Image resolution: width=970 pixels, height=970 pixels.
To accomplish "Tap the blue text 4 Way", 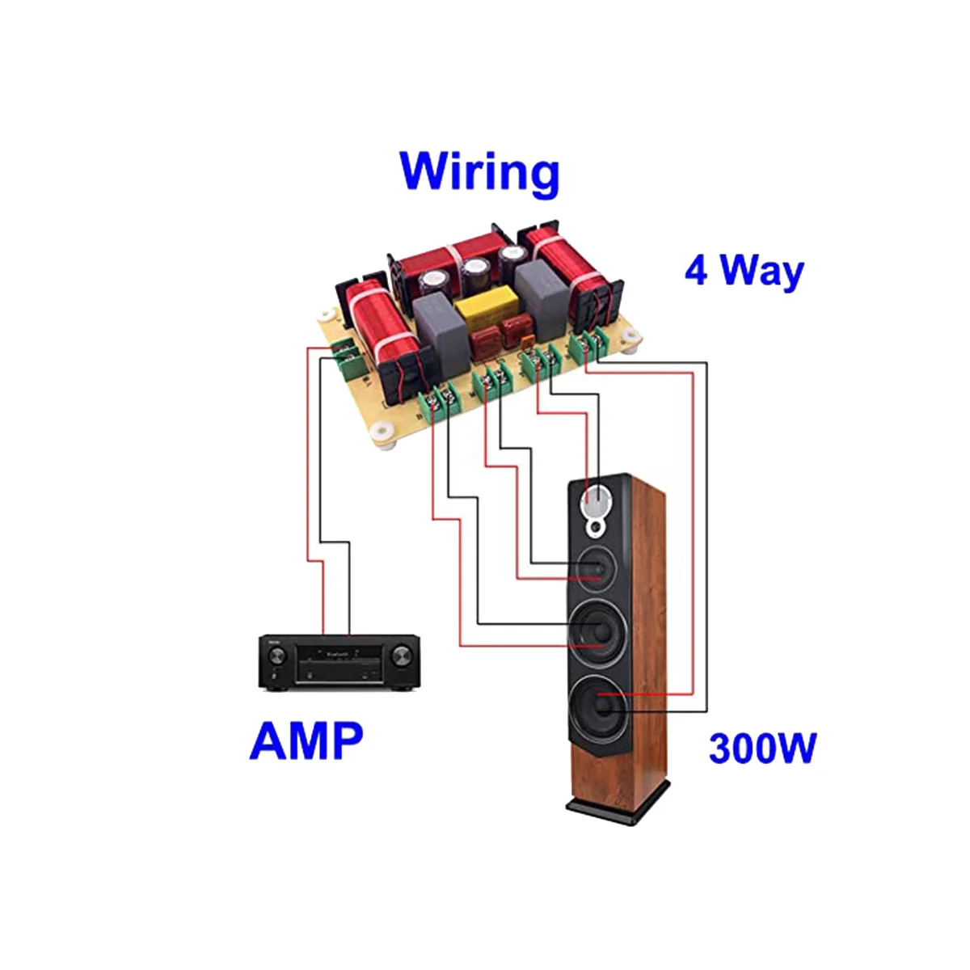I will (744, 271).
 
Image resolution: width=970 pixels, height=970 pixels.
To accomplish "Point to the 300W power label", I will (762, 748).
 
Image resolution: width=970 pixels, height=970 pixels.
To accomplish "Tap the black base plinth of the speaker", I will (618, 803).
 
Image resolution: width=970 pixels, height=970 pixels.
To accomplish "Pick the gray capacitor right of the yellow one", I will (542, 292).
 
